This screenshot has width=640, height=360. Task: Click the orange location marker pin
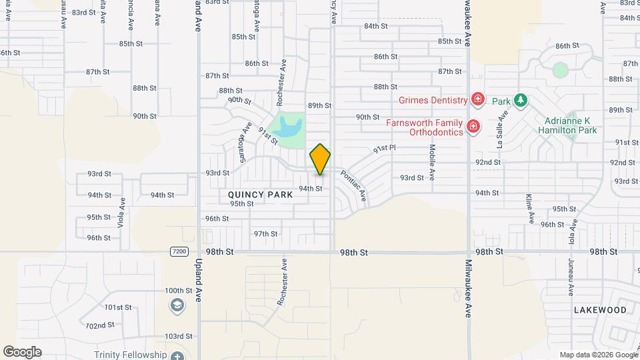(x=320, y=159)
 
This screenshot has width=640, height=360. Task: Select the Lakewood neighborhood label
(x=600, y=310)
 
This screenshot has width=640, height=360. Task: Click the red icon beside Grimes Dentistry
(x=477, y=100)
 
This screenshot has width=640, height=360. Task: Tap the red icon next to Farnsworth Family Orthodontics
(x=473, y=126)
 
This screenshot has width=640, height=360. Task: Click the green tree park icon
(x=521, y=101)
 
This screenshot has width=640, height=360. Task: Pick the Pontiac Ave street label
(x=353, y=185)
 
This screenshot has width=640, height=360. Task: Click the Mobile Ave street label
(x=432, y=163)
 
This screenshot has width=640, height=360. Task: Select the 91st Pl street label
(x=384, y=149)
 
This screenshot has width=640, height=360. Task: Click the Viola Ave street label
(x=121, y=212)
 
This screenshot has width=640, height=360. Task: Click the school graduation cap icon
(x=177, y=305)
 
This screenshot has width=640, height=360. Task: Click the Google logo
(x=22, y=352)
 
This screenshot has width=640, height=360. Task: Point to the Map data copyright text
(x=597, y=355)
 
